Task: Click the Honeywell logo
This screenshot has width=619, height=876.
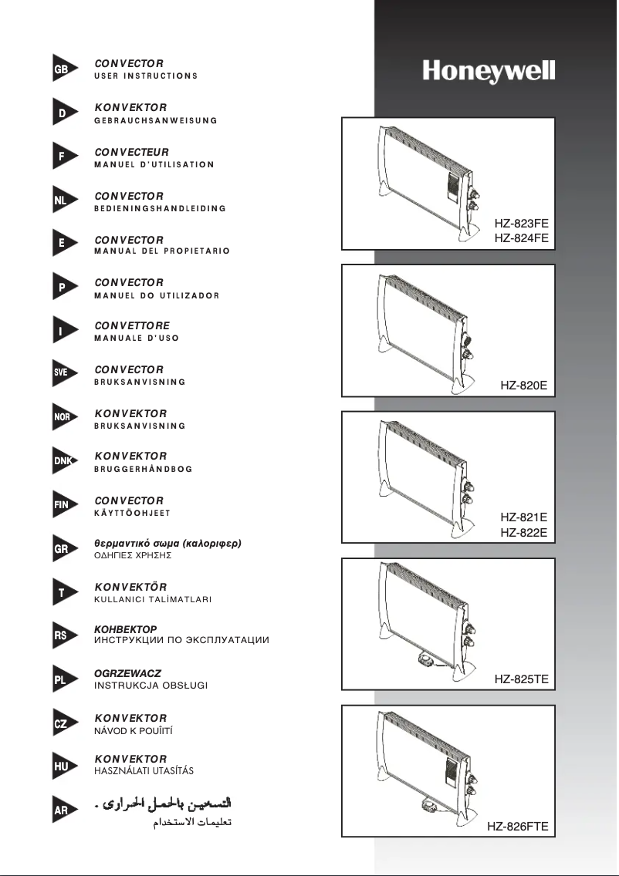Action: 489,72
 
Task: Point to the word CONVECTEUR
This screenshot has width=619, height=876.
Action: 131,152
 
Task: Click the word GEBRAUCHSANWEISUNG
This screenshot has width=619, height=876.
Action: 155,120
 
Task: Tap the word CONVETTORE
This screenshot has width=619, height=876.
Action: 131,325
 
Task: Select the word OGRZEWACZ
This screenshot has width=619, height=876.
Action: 127,673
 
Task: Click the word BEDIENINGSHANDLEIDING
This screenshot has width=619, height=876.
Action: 160,208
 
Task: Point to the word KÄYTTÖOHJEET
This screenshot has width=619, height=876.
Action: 132,513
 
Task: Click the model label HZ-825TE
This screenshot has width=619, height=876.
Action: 521,679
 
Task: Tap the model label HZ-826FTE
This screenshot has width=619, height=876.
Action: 517,827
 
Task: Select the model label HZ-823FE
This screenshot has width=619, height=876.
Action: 521,223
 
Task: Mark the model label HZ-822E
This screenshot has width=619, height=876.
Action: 523,532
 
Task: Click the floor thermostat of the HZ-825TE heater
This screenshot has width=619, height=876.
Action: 425,660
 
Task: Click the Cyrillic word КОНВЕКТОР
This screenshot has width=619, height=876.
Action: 125,629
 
